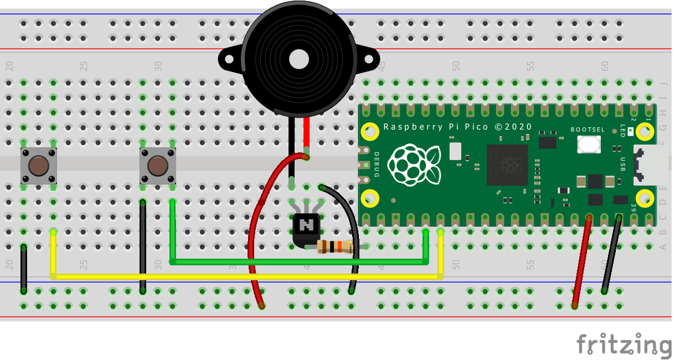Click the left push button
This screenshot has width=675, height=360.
pyautogui.click(x=38, y=166)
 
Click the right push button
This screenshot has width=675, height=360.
pyautogui.click(x=157, y=166)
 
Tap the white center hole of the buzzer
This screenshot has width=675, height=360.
pyautogui.click(x=299, y=59)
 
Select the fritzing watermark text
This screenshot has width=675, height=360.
pyautogui.click(x=624, y=343)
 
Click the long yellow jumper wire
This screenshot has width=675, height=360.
pyautogui.click(x=247, y=276)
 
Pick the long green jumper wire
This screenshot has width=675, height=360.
pyautogui.click(x=298, y=262)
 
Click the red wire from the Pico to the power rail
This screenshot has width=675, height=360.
pyautogui.click(x=582, y=262)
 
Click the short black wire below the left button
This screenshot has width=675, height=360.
pyautogui.click(x=24, y=269)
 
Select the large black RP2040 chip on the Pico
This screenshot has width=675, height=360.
pyautogui.click(x=507, y=165)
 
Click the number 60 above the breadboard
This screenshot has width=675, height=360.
pyautogui.click(x=605, y=66)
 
